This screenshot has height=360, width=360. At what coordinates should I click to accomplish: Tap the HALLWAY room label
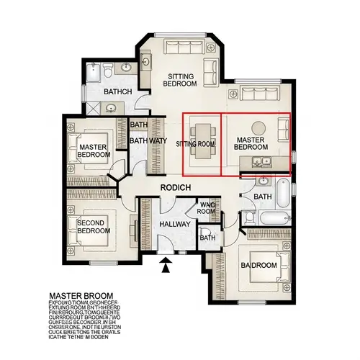(174, 225)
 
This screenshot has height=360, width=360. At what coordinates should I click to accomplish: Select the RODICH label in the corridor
(175, 187)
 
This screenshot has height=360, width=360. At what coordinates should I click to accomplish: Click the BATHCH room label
(117, 92)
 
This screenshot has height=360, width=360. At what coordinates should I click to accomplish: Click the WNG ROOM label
(207, 208)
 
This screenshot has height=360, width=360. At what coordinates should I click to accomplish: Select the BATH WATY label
(148, 141)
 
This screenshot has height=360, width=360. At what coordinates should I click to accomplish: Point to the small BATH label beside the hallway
(207, 238)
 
